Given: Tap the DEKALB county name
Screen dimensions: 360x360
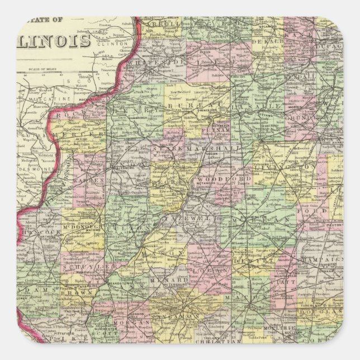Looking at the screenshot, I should tap(267, 42).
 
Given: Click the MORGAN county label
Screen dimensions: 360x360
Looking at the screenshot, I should tap(131, 323).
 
